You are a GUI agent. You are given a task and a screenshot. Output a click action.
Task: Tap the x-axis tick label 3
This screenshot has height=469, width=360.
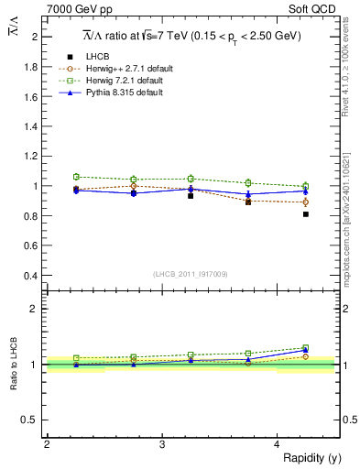click(x=161, y=443)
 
